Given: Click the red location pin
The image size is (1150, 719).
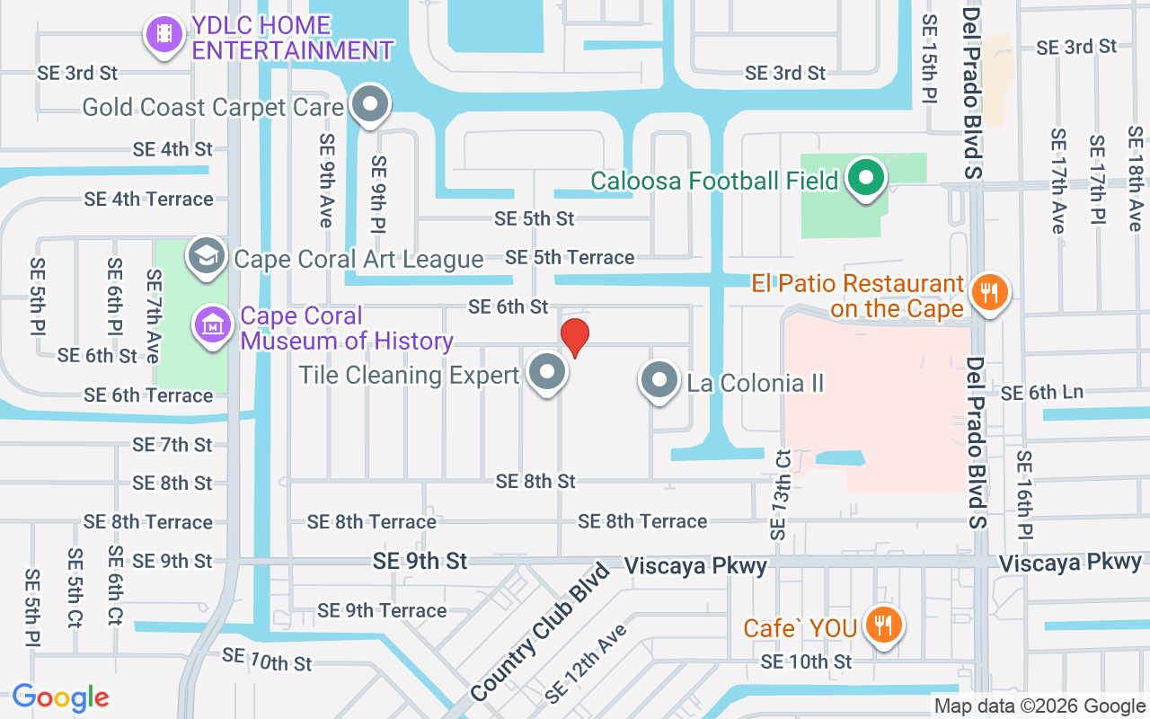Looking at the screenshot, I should (x=575, y=337).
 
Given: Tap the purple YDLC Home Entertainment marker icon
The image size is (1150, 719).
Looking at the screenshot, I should (x=163, y=34).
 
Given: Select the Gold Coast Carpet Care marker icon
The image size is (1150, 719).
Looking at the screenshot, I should (x=369, y=104).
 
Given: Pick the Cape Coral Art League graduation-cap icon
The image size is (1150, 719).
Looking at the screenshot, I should (x=207, y=256).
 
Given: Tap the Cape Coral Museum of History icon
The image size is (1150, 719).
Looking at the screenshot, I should (x=213, y=325).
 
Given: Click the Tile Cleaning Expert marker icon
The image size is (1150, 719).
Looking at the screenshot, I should (x=547, y=372).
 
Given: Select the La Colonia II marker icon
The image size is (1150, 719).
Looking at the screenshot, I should (x=660, y=380).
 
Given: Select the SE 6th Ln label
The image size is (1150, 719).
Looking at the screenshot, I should (x=1041, y=393).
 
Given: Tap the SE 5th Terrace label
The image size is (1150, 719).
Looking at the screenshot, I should (x=570, y=258).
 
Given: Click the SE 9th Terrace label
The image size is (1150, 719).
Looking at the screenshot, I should (x=382, y=611).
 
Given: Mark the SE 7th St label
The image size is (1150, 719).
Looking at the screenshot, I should (x=172, y=445).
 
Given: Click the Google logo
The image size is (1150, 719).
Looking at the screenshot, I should (x=60, y=697).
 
